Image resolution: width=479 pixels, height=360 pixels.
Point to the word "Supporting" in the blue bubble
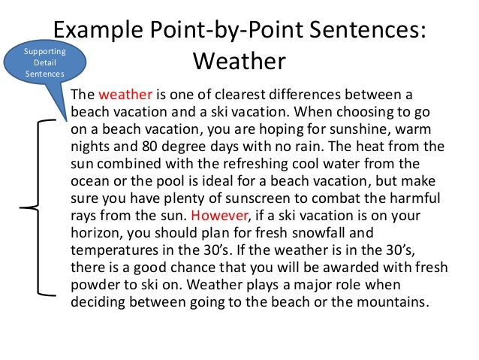(x=45, y=51)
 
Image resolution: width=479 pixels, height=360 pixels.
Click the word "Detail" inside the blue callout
(x=45, y=62)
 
